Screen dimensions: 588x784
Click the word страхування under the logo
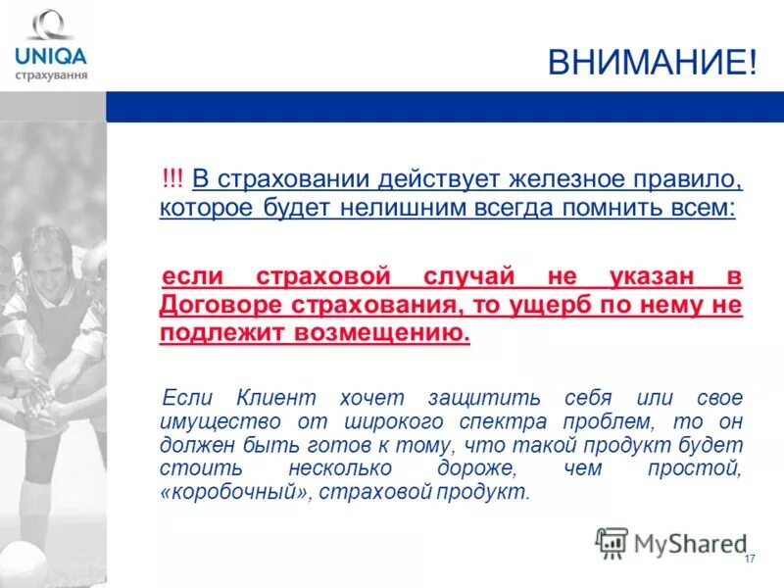[52, 74]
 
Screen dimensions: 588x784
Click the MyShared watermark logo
[671, 542]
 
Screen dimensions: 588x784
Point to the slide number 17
[750, 559]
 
